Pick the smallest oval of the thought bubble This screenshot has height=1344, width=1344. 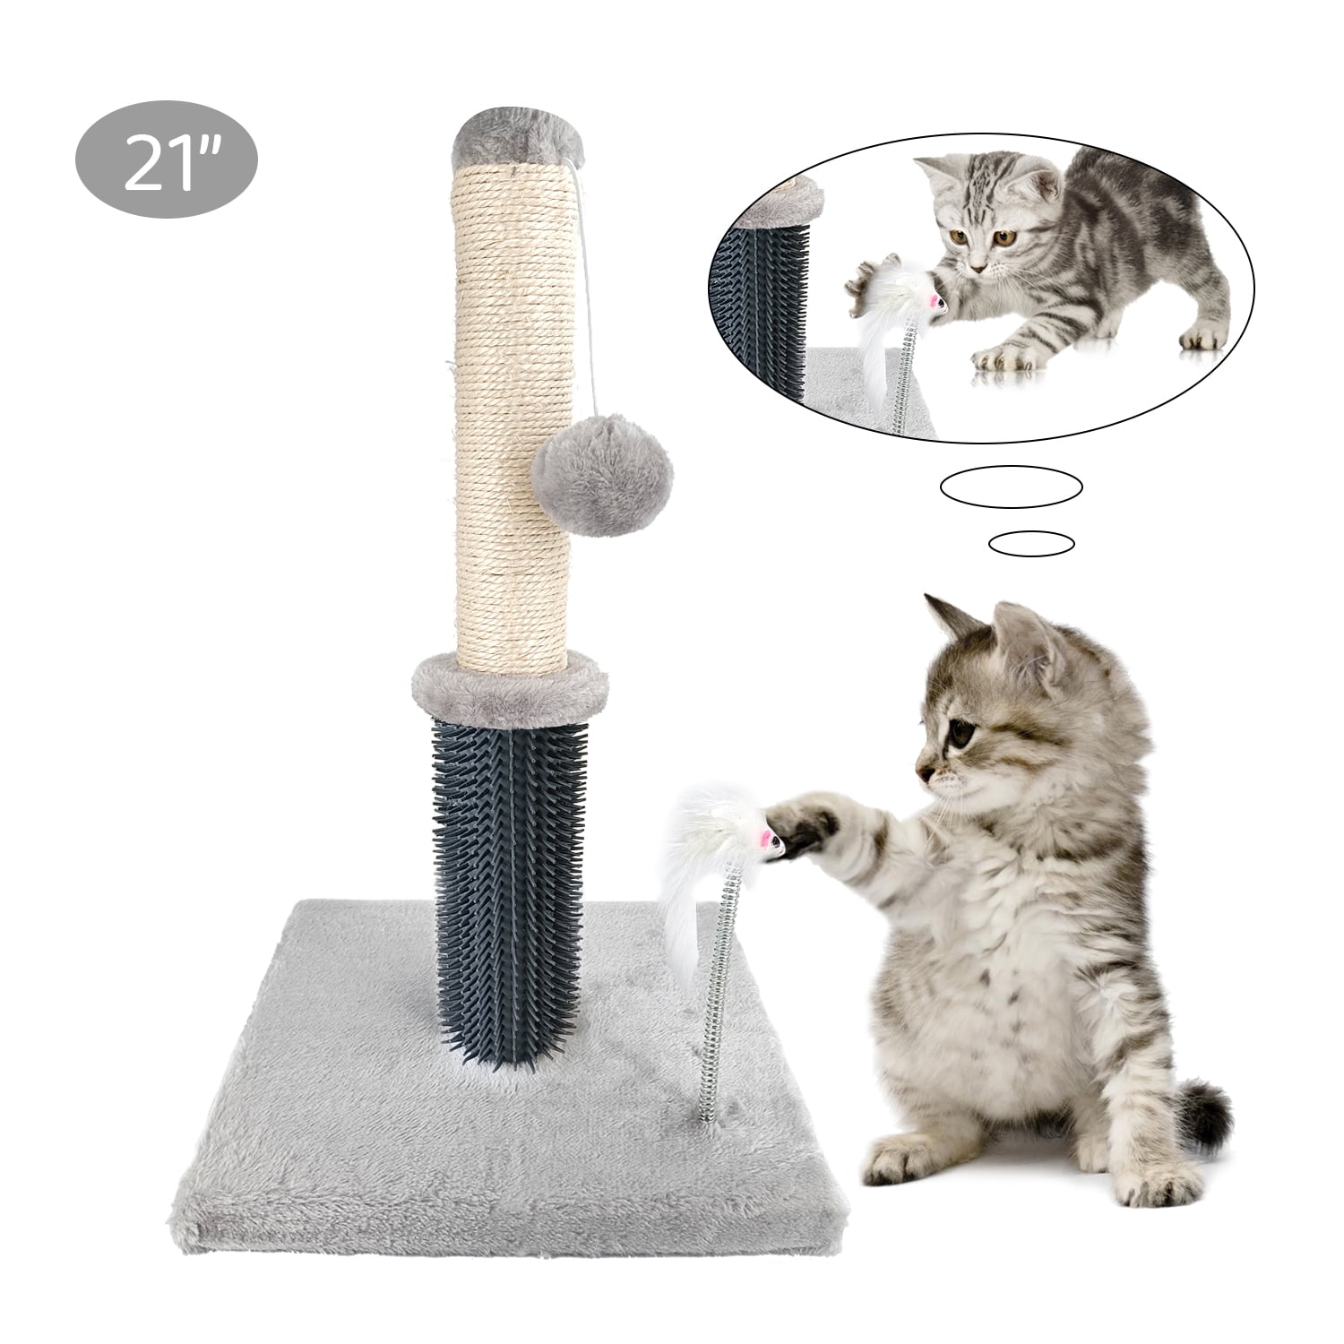[1030, 542]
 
